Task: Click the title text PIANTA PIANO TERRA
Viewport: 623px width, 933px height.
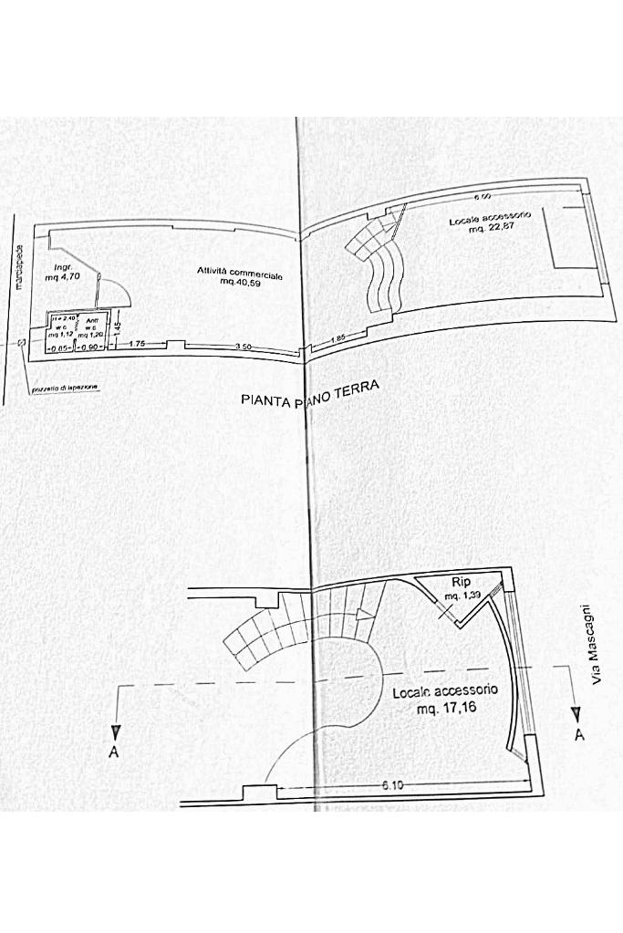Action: click(x=308, y=395)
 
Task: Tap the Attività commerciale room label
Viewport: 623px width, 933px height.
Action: click(x=240, y=273)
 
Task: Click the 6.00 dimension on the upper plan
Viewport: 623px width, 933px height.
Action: click(x=483, y=196)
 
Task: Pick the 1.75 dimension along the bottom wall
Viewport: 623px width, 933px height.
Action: click(x=138, y=344)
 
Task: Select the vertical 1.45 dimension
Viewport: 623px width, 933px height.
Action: click(x=118, y=322)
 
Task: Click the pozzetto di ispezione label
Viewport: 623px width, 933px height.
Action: click(x=64, y=389)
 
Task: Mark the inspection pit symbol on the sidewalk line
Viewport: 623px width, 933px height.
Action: click(x=20, y=344)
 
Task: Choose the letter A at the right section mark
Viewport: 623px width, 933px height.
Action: click(x=578, y=734)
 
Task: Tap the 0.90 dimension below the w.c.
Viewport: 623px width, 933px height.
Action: click(x=90, y=347)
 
